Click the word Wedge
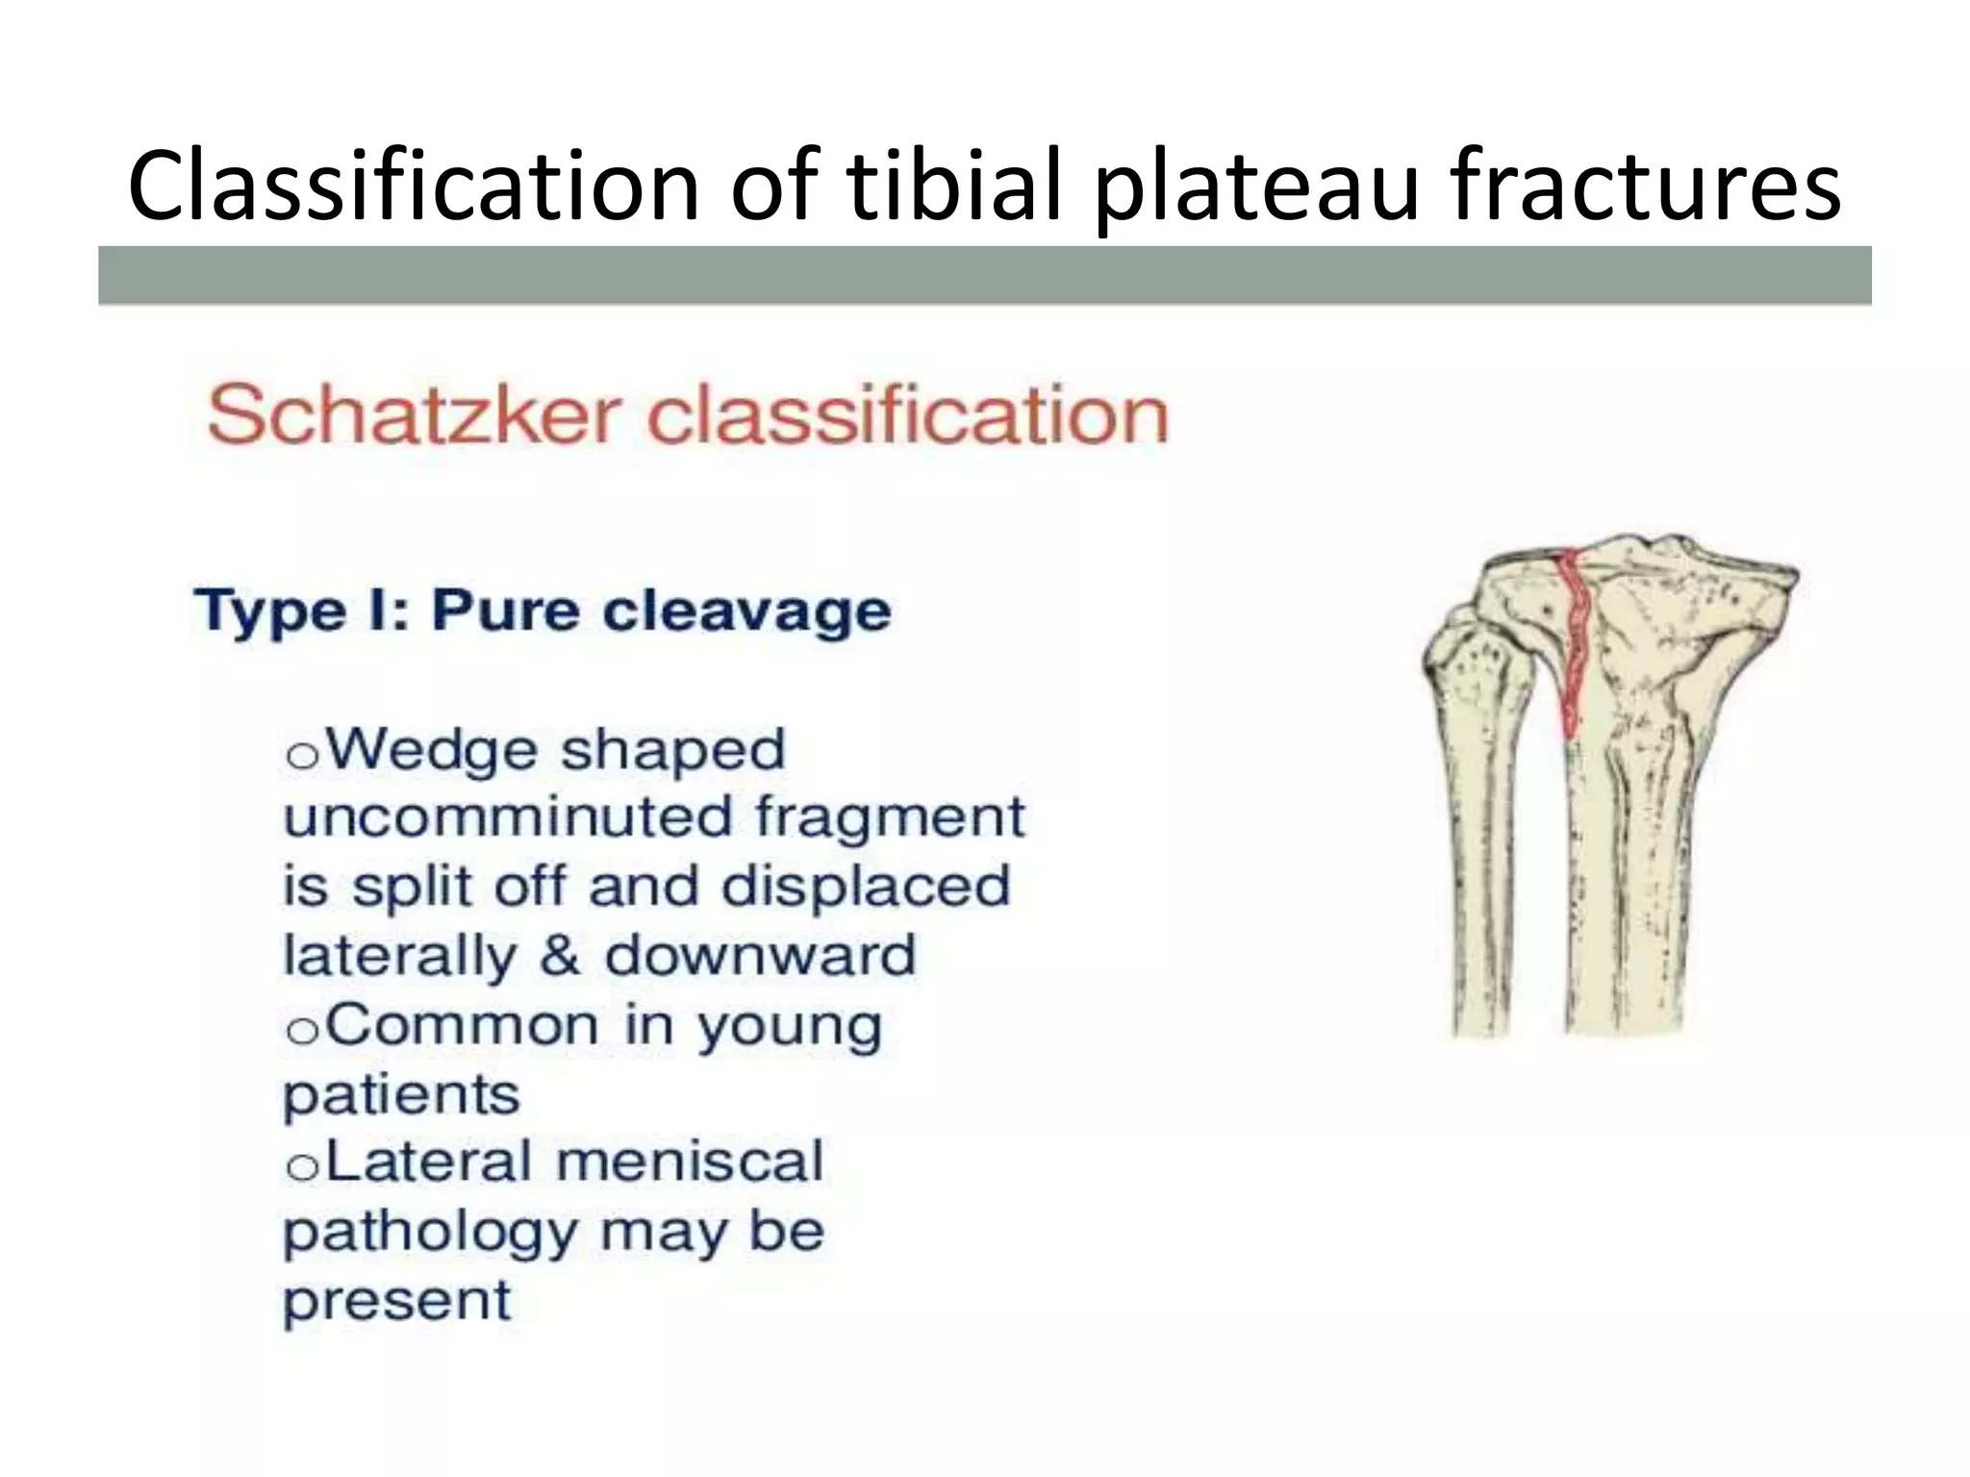coord(433,750)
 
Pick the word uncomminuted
coord(507,818)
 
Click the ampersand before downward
coord(559,956)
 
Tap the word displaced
coord(866,887)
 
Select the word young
coord(789,1027)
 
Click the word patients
coord(401,1095)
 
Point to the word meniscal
coord(690,1162)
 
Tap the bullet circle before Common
coord(302,1031)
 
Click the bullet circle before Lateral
coord(302,1167)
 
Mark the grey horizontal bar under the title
coord(984,275)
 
